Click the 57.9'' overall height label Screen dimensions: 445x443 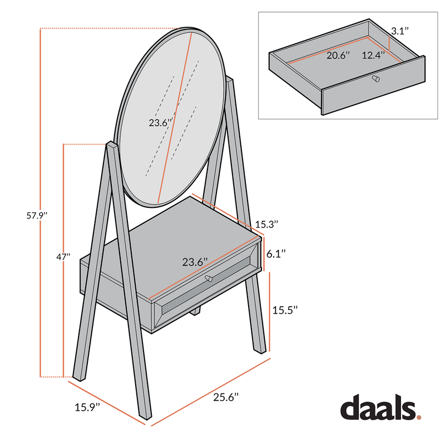[x=37, y=216]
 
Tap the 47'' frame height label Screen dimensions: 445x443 [x=63, y=257]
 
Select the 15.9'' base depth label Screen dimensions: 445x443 [x=87, y=407]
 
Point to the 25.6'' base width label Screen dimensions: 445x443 [x=226, y=397]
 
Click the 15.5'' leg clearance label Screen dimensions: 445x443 [x=285, y=310]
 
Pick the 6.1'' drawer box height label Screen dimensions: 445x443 [x=276, y=253]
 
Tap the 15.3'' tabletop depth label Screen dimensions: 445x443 [x=266, y=225]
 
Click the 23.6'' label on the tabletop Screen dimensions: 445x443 [x=195, y=262]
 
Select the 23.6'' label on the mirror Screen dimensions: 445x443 [x=160, y=123]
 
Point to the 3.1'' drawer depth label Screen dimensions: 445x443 [x=400, y=31]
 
